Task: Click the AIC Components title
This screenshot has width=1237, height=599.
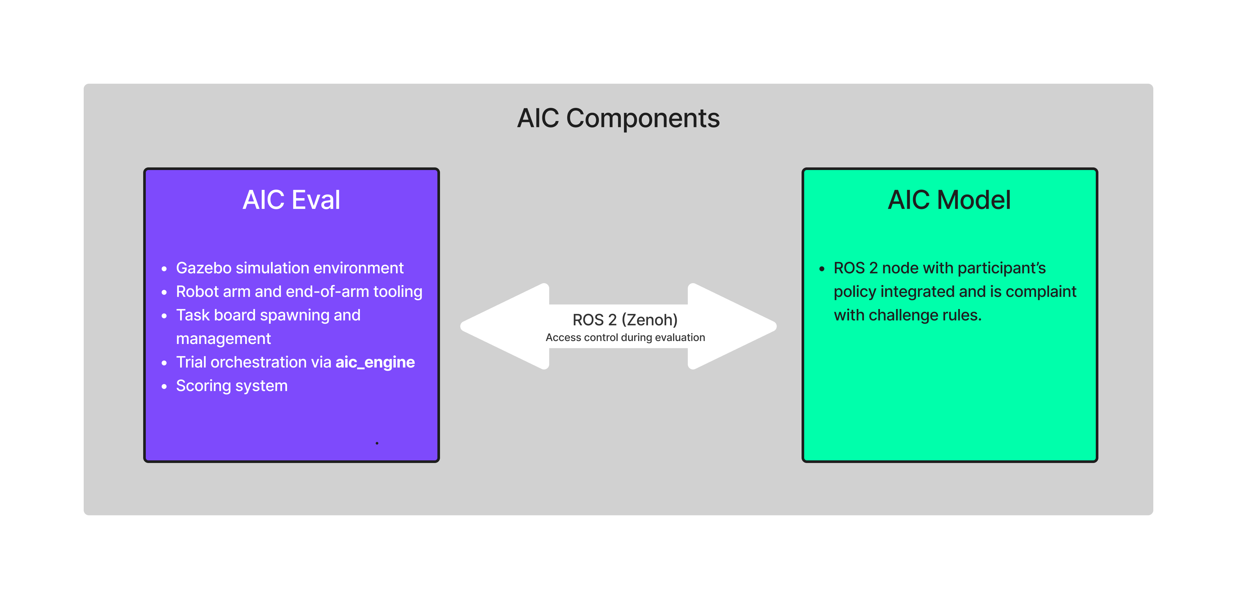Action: click(618, 118)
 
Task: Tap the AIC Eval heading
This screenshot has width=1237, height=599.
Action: click(292, 200)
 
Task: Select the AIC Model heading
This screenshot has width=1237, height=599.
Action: click(949, 200)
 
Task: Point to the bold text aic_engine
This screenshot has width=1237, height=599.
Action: click(375, 362)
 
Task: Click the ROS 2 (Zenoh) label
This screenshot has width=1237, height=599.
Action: click(625, 320)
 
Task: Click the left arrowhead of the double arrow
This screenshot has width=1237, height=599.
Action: click(500, 327)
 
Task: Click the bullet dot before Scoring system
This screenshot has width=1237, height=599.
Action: click(164, 386)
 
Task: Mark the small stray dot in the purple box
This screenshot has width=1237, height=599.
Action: click(377, 443)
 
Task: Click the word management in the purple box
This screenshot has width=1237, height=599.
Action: click(223, 339)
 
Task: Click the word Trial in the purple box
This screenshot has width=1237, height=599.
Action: click(191, 362)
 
